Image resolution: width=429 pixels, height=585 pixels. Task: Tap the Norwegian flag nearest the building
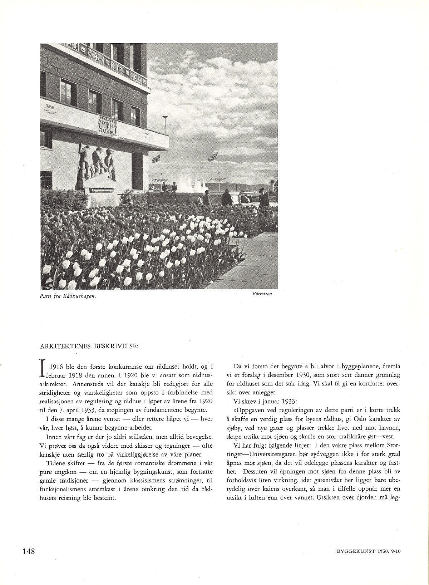click(156, 159)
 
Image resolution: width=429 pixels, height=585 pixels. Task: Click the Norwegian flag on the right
click(213, 156)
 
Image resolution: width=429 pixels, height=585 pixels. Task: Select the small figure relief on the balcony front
click(108, 126)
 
